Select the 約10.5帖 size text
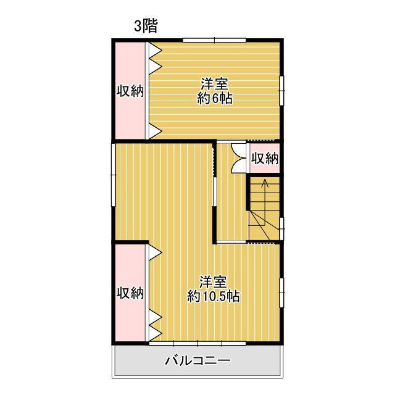[x=214, y=296]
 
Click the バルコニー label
[x=197, y=360]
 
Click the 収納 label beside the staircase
[x=265, y=158]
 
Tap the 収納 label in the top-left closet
[x=130, y=91]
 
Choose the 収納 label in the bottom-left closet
[x=130, y=293]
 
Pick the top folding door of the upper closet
[x=154, y=58]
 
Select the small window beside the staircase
[x=282, y=228]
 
